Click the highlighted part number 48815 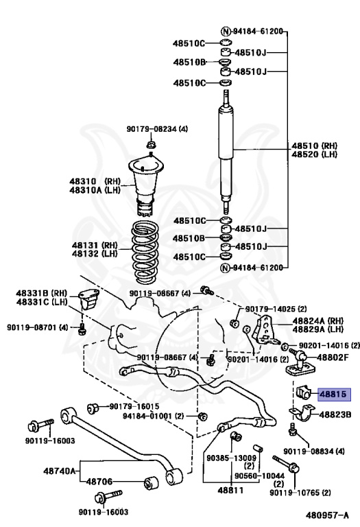click(x=333, y=394)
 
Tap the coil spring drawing click(x=145, y=251)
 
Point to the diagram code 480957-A click(x=327, y=515)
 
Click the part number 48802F click(x=333, y=357)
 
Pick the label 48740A click(x=60, y=471)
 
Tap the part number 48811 click(x=230, y=490)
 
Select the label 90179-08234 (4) click(x=157, y=129)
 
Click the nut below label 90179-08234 click(x=151, y=145)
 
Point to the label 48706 click(x=99, y=482)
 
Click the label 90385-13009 click(x=231, y=458)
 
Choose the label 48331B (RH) click(x=42, y=293)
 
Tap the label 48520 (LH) click(x=314, y=154)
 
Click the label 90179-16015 click(x=134, y=406)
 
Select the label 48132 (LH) click(x=95, y=253)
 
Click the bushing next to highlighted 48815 click(x=304, y=392)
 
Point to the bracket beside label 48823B click(x=302, y=413)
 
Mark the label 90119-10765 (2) click(x=300, y=493)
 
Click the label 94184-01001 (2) click(x=154, y=416)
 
